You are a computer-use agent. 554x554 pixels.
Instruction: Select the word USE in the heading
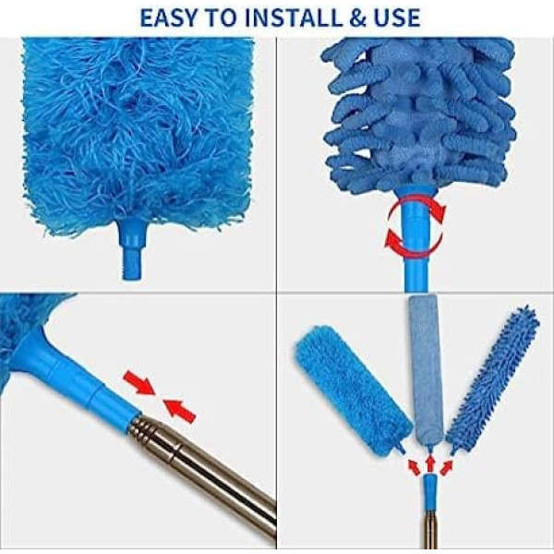397,18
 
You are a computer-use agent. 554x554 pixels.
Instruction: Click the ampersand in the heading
357,18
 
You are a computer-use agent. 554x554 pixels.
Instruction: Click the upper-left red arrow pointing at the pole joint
139,384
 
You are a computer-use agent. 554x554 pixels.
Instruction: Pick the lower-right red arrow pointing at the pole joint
179,411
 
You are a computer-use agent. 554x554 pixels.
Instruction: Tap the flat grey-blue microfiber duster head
422,371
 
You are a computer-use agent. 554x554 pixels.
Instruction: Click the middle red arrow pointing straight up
429,464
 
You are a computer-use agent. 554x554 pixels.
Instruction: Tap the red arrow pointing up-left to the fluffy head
414,466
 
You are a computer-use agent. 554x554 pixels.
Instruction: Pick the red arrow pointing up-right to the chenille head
446,466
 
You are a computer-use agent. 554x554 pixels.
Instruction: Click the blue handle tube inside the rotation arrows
416,240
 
